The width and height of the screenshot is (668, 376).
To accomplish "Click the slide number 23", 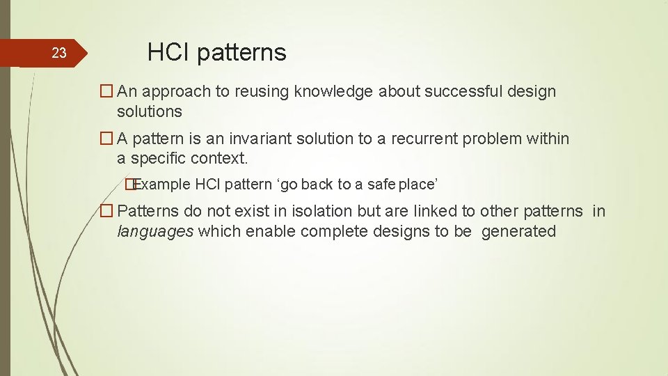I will pyautogui.click(x=59, y=53).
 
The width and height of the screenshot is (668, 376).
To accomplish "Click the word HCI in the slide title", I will pyautogui.click(x=167, y=52).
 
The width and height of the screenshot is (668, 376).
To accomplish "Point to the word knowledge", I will pyautogui.click(x=333, y=92).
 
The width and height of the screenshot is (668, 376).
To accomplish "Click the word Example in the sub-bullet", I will pyautogui.click(x=162, y=185).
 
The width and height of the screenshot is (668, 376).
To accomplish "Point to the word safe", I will pyautogui.click(x=381, y=185).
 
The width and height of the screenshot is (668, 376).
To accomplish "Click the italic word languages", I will pyautogui.click(x=155, y=231).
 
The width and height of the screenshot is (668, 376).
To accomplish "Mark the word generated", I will pyautogui.click(x=518, y=231).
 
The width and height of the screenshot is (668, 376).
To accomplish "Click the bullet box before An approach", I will pyautogui.click(x=106, y=92).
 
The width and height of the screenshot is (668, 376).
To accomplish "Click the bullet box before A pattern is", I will pyautogui.click(x=106, y=139).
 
